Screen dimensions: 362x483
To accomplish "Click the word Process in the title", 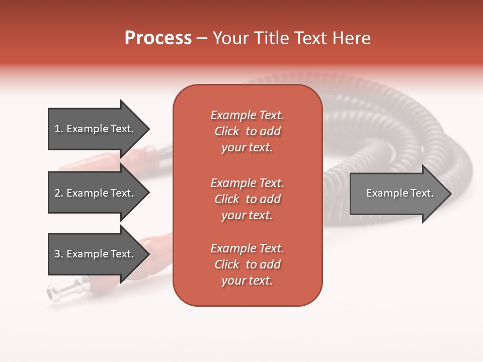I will [158, 38].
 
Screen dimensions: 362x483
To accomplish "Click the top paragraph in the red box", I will [247, 131].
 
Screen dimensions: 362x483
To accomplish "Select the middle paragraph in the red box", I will [247, 199].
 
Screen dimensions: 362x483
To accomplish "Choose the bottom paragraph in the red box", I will [247, 264].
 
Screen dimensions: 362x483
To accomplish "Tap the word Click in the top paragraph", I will [226, 131].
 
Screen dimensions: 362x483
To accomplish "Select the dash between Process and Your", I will [202, 39].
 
